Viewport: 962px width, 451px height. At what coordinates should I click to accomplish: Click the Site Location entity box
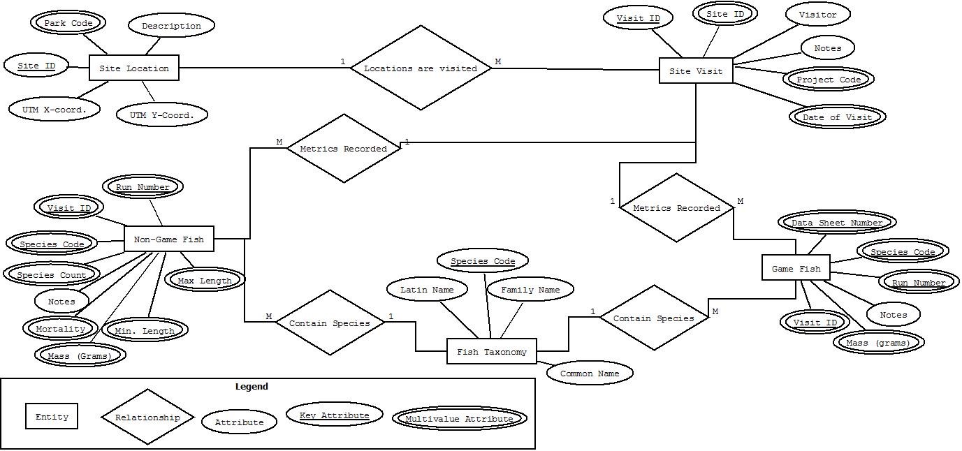coord(133,68)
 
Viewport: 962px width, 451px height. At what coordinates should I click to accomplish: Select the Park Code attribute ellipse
coord(68,23)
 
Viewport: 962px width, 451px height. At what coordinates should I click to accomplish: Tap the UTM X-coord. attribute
coord(54,110)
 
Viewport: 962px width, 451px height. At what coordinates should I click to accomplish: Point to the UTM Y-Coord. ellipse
coord(161,114)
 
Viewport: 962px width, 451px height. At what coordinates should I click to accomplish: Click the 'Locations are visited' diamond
coord(420,68)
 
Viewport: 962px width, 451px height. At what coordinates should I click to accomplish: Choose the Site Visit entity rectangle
coord(695,71)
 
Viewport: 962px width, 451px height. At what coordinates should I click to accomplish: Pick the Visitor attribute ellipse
coord(817,14)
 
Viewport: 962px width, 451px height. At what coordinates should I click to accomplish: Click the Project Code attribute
coord(829,80)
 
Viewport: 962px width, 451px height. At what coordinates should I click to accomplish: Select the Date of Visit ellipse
coord(837,117)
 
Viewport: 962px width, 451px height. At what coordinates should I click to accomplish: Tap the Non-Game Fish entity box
coord(168,239)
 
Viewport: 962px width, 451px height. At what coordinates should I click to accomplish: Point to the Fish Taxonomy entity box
coord(491,352)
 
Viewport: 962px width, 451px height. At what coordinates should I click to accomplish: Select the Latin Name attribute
coord(426,290)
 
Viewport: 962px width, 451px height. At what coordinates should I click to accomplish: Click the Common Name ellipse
coord(589,374)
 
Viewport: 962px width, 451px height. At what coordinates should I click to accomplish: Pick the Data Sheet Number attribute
coord(836,223)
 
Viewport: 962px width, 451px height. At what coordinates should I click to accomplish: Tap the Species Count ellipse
coord(52,275)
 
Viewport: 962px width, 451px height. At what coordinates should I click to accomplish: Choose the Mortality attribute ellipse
coord(60,328)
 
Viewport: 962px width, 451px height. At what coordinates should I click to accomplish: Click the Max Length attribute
coord(204,281)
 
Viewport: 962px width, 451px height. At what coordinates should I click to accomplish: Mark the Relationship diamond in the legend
coord(147,417)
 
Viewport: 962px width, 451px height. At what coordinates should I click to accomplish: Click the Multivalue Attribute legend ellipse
coord(459,419)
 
